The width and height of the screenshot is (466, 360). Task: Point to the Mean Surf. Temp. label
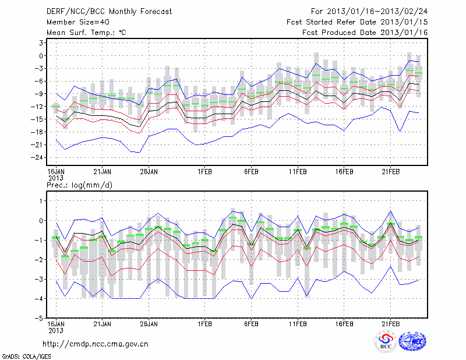pos(86,33)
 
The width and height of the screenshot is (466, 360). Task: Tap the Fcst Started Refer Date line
pos(357,22)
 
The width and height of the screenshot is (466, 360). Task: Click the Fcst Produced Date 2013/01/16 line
pos(365,33)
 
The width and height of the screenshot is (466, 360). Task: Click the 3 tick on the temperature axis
pos(43,43)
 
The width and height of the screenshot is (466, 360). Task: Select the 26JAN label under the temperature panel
pos(149,172)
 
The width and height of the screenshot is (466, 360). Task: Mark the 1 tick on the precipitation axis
pos(43,200)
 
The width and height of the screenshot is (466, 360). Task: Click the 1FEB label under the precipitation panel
pos(204,323)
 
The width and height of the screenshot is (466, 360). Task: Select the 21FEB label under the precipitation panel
pos(390,323)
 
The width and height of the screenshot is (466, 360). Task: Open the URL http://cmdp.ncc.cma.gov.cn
pos(96,344)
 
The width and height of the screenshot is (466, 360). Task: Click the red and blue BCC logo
pos(386,342)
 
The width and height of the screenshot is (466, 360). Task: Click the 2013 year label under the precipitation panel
pos(55,329)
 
